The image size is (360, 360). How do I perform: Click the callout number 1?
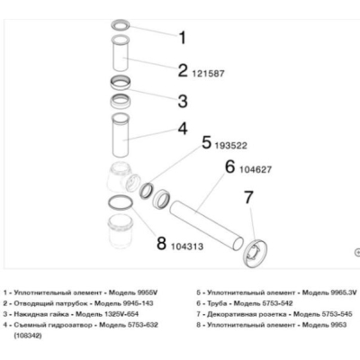tap(182, 38)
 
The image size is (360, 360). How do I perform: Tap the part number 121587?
tap(208, 74)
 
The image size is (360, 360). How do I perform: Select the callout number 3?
tap(183, 101)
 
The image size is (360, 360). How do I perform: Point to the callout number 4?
tap(183, 129)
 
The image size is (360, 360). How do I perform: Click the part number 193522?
tap(231, 146)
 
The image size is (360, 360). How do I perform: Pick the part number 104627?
tap(256, 170)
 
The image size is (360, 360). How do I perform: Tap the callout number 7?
tap(249, 197)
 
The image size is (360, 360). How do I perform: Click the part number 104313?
tap(187, 247)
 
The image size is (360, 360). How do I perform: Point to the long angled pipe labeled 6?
tap(207, 226)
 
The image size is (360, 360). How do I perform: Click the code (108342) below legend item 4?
tap(27, 336)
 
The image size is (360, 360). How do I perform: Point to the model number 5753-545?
tap(337, 314)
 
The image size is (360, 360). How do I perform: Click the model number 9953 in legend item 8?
tap(339, 325)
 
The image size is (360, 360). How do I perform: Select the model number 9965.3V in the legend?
tap(344, 292)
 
